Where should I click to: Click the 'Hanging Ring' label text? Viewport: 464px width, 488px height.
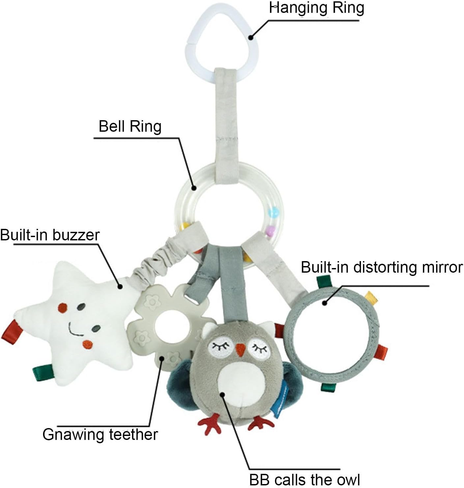click(x=316, y=8)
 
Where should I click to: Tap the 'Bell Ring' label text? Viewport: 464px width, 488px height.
click(x=130, y=126)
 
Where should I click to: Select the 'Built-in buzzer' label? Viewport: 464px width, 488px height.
click(x=50, y=235)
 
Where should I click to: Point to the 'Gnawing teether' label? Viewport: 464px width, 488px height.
click(x=100, y=434)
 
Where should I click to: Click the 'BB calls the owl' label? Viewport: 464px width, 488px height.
click(x=304, y=479)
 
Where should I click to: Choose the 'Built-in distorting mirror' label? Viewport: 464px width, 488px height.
click(x=382, y=267)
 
